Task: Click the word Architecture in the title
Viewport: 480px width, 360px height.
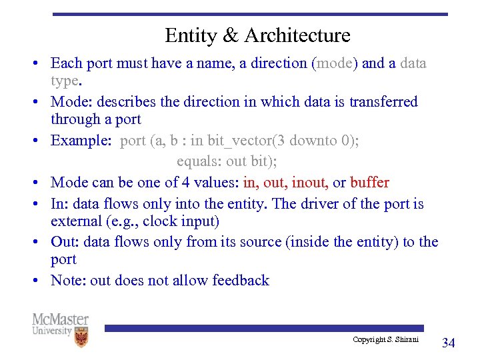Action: [x=297, y=35]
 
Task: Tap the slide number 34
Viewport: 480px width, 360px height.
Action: [x=449, y=343]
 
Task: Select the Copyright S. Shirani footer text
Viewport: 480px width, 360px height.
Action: [x=386, y=340]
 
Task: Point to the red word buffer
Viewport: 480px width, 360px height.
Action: [x=369, y=182]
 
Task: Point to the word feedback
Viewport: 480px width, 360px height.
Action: [x=241, y=280]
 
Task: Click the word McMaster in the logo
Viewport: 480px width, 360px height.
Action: [x=60, y=319]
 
